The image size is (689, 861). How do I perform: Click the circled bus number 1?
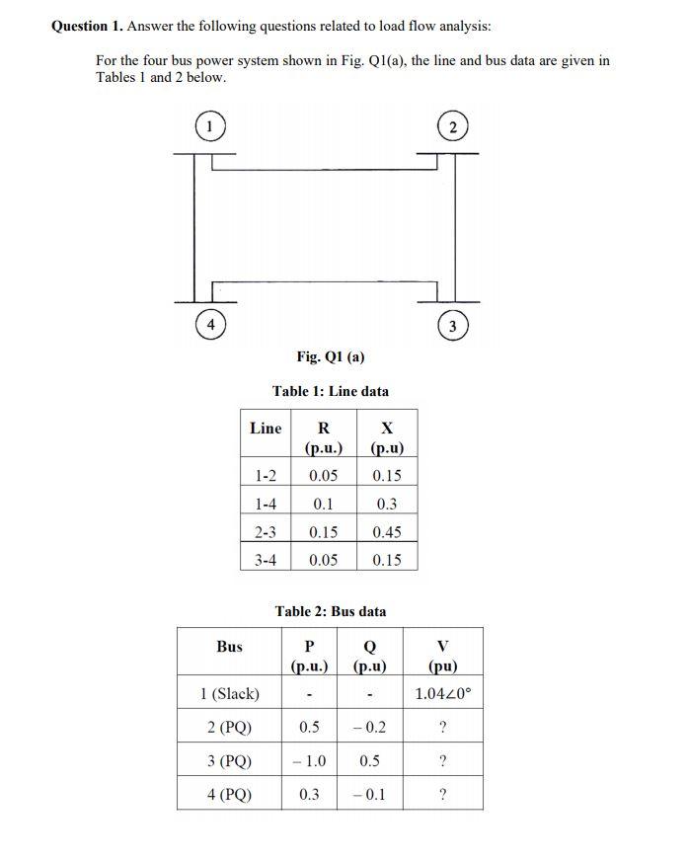[209, 126]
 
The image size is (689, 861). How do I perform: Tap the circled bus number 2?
[452, 126]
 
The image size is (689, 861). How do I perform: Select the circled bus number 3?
[452, 326]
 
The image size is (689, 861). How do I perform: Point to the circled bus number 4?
[210, 325]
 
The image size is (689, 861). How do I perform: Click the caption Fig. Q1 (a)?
[331, 356]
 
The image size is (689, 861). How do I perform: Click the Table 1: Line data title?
[331, 392]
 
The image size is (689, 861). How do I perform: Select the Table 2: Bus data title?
[331, 611]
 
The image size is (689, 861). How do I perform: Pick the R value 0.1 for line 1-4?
[323, 504]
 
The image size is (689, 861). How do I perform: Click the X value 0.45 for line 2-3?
[387, 531]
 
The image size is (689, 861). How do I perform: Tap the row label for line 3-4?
[266, 560]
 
